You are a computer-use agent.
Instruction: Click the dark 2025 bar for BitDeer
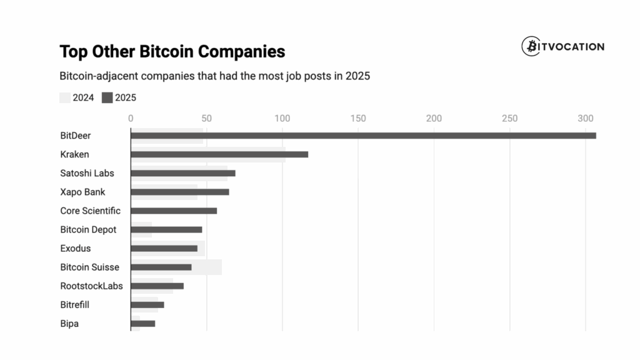click(362, 136)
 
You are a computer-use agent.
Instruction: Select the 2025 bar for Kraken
click(219, 154)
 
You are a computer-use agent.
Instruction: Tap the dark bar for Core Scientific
click(174, 211)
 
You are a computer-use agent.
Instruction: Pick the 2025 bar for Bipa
click(142, 324)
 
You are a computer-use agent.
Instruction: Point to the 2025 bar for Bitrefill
click(147, 305)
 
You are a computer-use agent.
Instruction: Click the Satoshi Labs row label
click(87, 173)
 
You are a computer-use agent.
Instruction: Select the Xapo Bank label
click(82, 192)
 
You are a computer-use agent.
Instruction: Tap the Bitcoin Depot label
click(88, 229)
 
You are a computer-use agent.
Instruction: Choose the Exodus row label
click(75, 248)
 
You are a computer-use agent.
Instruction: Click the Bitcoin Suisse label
click(89, 267)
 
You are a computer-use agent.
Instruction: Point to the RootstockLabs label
click(91, 286)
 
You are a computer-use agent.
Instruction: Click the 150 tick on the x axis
click(358, 118)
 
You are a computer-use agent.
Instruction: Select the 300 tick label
click(586, 118)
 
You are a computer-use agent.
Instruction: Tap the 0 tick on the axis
click(131, 118)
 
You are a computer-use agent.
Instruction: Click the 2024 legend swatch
click(65, 97)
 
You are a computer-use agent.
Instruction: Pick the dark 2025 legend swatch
click(107, 97)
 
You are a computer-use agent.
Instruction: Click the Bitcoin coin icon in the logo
click(531, 46)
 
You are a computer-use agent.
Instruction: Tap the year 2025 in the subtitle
click(357, 76)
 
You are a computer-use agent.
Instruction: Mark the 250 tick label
click(510, 118)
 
